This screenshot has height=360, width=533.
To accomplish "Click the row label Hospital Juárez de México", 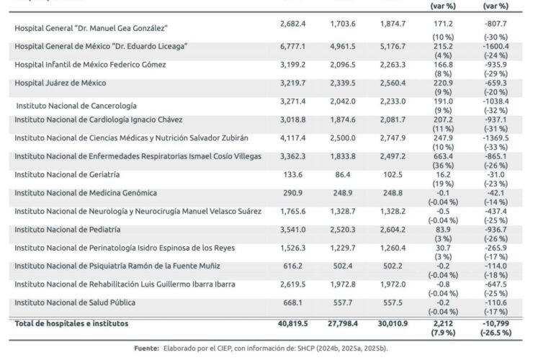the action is coord(61,83).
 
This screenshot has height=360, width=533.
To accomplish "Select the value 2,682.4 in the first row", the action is coord(292,24).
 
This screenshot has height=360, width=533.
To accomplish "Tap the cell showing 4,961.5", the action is coord(343,46).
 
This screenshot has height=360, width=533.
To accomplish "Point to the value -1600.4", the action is coord(496,46).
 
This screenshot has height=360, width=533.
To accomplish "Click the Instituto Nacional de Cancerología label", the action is coord(76,106).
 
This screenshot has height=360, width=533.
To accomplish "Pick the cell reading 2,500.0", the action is coord(343,138).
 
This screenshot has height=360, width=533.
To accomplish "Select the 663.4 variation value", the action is coord(443,156).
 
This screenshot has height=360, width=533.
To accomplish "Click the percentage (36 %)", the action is coord(443,166).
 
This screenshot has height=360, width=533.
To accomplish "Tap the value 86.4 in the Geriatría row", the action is coord(343,175).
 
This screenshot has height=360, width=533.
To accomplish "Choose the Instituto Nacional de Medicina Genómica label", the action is coord(86,193).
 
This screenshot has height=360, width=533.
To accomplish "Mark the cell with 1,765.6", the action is coord(292,212).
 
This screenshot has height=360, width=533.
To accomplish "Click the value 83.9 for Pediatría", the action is coord(443,230).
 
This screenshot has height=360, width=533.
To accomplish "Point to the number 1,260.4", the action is coord(393,248).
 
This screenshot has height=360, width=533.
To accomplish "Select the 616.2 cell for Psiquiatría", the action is coord(292,266).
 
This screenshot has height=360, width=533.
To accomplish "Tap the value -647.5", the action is coord(496,284).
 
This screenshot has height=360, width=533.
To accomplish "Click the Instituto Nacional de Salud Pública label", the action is coord(75,302).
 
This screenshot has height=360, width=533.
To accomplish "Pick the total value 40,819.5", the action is coord(292,323).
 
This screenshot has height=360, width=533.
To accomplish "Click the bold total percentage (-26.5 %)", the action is coord(496,333).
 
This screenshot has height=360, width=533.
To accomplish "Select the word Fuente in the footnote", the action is coord(146,348).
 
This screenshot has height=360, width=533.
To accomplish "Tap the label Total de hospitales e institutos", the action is coord(71,323).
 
